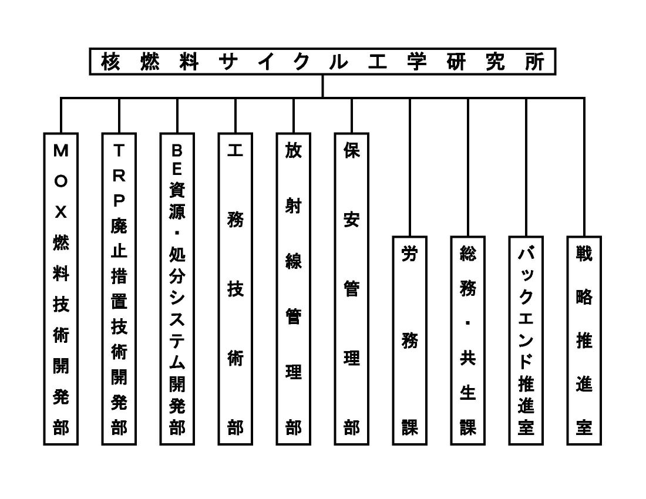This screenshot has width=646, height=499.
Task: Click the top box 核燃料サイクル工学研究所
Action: pos(322,62)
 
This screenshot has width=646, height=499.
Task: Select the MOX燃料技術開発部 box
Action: pos(61,288)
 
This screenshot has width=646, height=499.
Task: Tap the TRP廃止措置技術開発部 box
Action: pos(119,288)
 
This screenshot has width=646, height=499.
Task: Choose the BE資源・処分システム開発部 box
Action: pos(177,288)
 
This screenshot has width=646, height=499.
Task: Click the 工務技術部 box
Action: pos(235,288)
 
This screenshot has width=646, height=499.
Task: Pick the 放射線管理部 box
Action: pos(294,288)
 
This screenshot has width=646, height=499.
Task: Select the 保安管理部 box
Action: pos(352,288)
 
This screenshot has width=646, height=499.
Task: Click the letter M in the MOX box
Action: pos(61,151)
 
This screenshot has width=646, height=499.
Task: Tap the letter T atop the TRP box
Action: pos(119,151)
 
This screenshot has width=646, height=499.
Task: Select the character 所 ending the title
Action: pos(535,62)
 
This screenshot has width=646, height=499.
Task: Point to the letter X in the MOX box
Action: pos(61,213)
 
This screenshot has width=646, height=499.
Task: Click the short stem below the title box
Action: pos(322,86)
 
